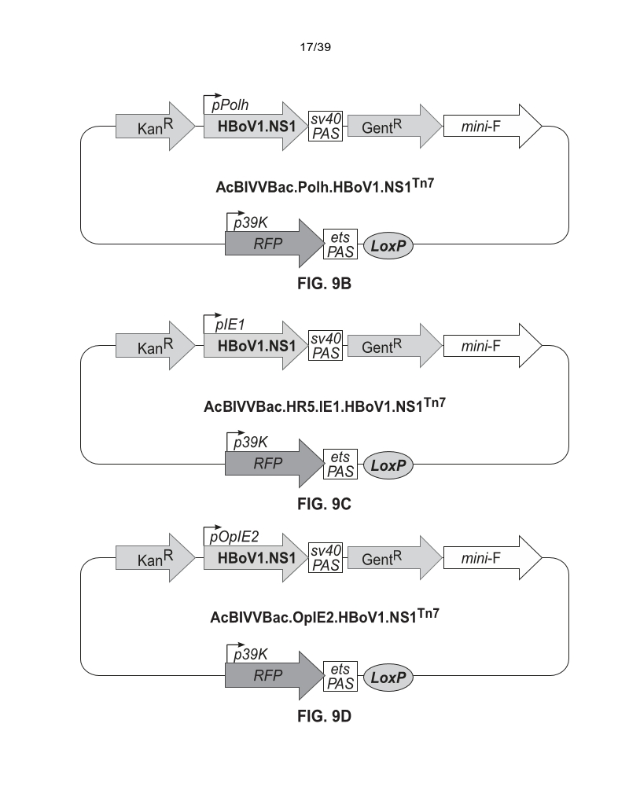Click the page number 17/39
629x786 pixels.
[314, 48]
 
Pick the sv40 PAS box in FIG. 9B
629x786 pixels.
[326, 126]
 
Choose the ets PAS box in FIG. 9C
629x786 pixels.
[340, 465]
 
